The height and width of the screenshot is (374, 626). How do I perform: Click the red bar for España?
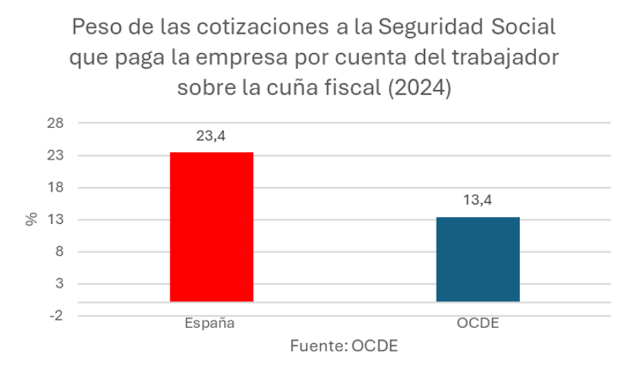[x=211, y=227]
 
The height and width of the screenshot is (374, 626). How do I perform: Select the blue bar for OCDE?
[x=477, y=259]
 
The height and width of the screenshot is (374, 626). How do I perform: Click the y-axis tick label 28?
[x=57, y=123]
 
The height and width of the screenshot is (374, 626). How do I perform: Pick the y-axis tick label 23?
[x=57, y=155]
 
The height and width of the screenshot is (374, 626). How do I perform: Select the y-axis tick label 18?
[x=57, y=187]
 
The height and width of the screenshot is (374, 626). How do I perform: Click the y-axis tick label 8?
[x=60, y=251]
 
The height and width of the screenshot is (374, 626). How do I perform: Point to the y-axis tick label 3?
[x=60, y=283]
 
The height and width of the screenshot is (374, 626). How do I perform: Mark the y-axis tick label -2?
[x=57, y=315]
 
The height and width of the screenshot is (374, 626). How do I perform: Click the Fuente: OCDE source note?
[x=344, y=347]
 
